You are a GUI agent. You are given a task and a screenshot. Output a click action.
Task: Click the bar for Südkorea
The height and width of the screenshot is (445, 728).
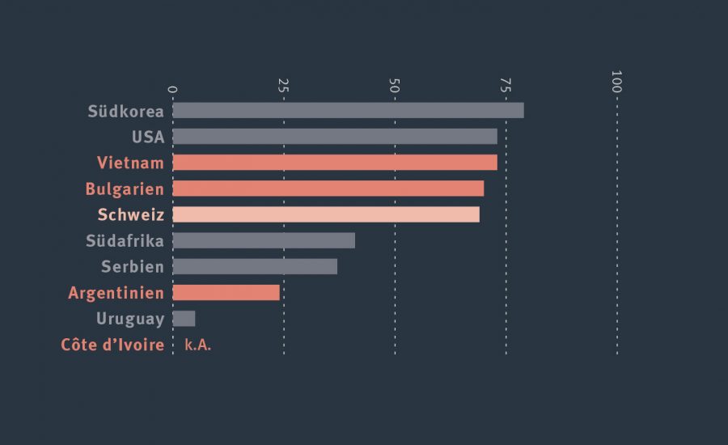click(348, 111)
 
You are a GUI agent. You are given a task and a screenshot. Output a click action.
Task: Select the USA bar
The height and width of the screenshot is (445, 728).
click(335, 137)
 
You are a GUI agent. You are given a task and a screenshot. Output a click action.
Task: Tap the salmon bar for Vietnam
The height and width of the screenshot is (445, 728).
click(335, 163)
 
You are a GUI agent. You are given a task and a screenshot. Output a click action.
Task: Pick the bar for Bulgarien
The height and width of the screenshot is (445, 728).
click(328, 189)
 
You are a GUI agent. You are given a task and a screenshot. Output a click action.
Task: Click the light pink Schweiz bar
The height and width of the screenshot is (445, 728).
click(326, 214)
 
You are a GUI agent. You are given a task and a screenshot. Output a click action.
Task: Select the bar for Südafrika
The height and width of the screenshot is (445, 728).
click(264, 240)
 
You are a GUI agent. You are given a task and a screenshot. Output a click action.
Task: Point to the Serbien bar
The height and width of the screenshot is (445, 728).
click(255, 266)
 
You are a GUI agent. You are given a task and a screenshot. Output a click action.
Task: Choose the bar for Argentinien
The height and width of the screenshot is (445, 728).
click(226, 292)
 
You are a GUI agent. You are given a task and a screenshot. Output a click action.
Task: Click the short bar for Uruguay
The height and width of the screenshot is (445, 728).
click(184, 319)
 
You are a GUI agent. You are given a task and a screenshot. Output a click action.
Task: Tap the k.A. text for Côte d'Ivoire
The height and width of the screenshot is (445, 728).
click(198, 345)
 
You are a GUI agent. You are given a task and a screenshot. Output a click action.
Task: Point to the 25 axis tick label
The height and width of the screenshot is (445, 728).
click(283, 85)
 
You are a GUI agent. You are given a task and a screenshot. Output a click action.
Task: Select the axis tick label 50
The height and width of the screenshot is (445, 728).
click(395, 85)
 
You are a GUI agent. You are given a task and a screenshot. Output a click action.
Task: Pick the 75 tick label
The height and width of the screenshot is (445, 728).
click(506, 85)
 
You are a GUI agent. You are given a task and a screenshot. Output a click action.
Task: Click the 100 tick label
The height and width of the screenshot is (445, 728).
click(616, 82)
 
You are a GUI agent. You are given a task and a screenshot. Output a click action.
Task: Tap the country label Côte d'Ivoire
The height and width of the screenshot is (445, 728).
click(112, 345)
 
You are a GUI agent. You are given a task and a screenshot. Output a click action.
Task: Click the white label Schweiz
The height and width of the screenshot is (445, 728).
click(131, 214)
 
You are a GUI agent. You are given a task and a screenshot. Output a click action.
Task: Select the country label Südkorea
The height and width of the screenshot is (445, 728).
click(126, 111)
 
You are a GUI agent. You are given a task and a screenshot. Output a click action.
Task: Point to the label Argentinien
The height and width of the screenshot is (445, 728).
click(116, 292)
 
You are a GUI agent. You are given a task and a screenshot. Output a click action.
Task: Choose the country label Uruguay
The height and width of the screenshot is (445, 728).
click(130, 319)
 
